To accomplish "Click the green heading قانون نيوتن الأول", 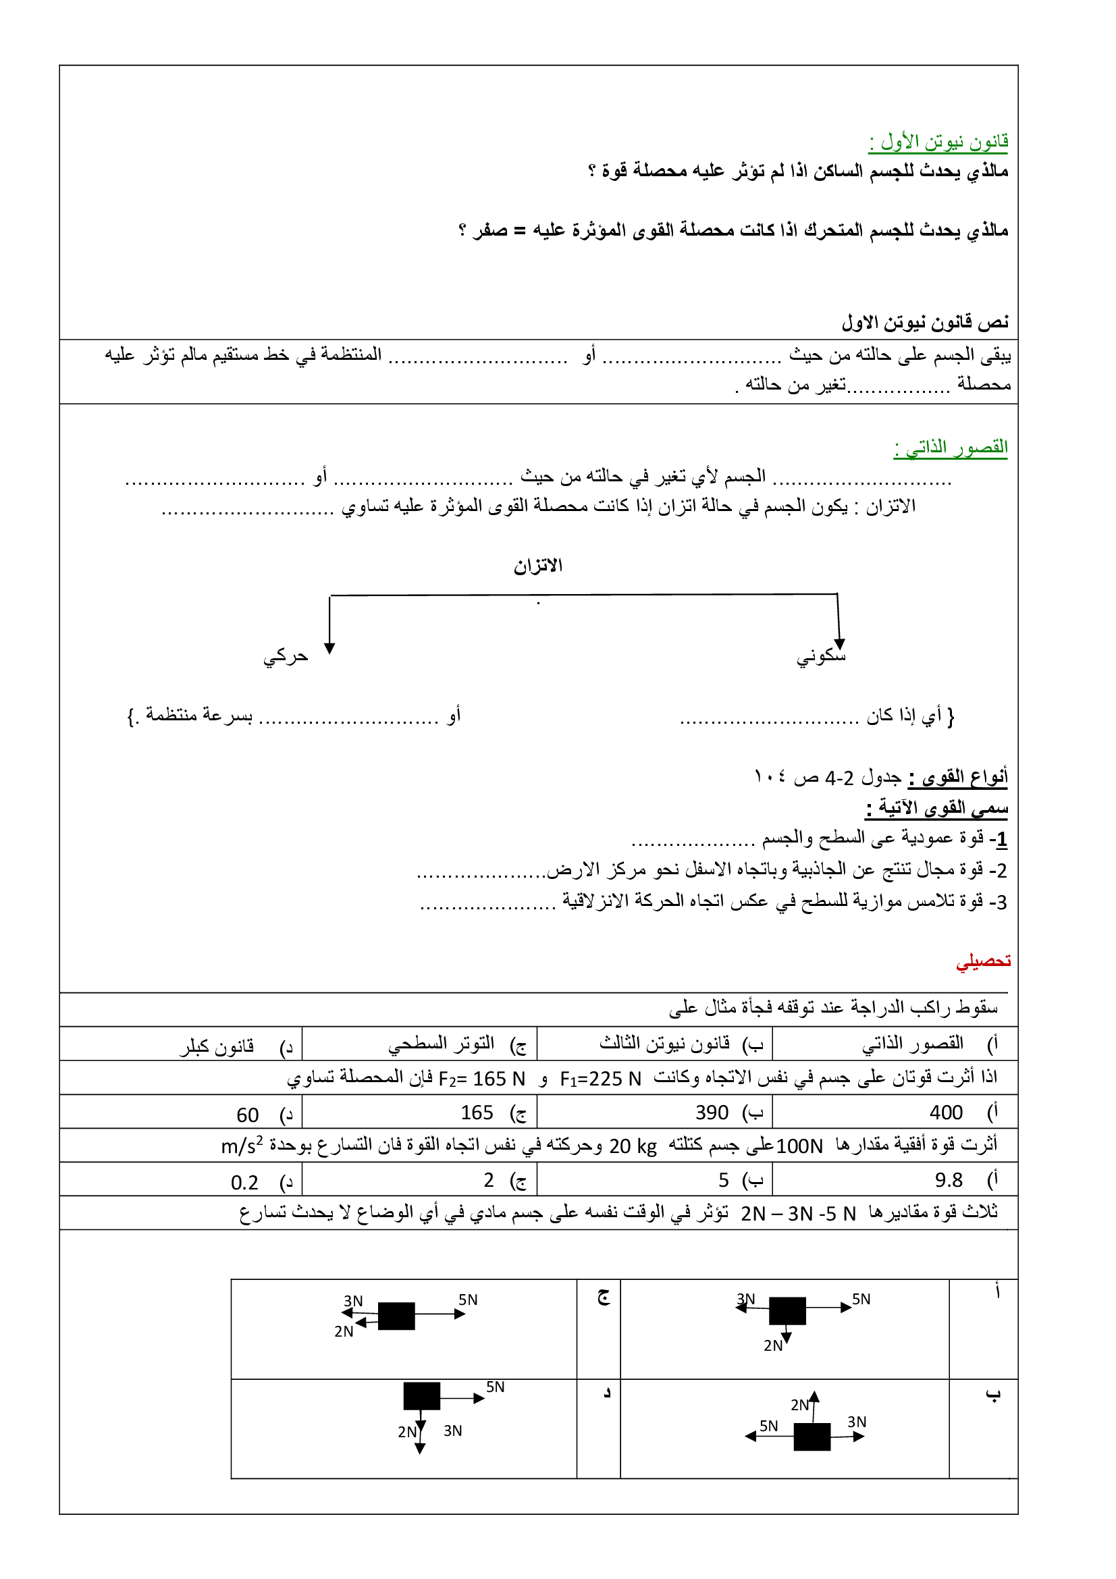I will (938, 142).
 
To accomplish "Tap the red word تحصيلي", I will (982, 961).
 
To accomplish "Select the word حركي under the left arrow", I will (286, 657).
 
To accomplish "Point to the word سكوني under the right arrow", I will (821, 656).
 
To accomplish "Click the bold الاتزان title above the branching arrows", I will (537, 566).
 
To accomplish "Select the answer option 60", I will (248, 1115).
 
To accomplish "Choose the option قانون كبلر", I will (217, 1046).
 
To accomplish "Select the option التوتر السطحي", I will (441, 1044).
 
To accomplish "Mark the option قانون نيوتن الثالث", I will (664, 1043).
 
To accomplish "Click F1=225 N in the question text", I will (600, 1079).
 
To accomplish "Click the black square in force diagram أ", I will (787, 1311).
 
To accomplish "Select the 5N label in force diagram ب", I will (768, 1426).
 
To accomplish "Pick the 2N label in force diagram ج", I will (344, 1331).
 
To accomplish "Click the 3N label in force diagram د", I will (452, 1431).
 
